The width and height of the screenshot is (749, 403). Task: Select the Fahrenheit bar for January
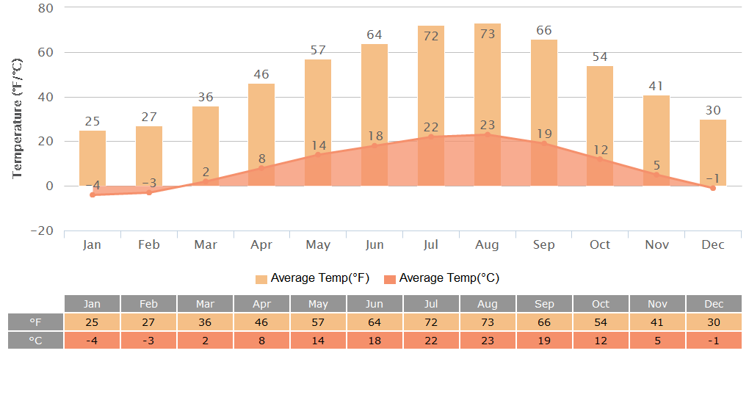click(93, 158)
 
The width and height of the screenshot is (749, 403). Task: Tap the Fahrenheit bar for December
click(713, 152)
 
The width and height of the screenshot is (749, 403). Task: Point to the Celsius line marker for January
click(93, 195)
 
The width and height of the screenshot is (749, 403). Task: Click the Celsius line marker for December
click(713, 188)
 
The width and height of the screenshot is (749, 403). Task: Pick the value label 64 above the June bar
click(374, 35)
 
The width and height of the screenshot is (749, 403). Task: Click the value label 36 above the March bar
click(206, 97)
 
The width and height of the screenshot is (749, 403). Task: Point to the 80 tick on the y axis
click(46, 8)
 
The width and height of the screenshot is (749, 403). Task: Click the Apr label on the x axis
click(262, 244)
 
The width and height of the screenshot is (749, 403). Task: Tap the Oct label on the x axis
click(600, 244)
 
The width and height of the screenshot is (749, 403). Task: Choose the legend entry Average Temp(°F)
click(313, 278)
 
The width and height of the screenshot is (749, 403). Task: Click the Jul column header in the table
click(431, 304)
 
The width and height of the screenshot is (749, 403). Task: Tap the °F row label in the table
click(36, 322)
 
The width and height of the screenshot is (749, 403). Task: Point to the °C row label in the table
click(36, 341)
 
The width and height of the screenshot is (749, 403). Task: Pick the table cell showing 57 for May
click(318, 322)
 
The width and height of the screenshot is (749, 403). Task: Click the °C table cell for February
click(148, 341)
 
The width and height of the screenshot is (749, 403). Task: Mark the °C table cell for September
click(544, 341)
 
